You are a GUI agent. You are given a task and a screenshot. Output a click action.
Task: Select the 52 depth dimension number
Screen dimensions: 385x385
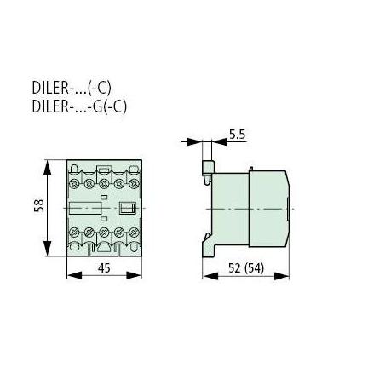[x=235, y=268]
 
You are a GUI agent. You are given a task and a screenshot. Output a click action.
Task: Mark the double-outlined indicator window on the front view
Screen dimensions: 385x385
[x=128, y=208]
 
